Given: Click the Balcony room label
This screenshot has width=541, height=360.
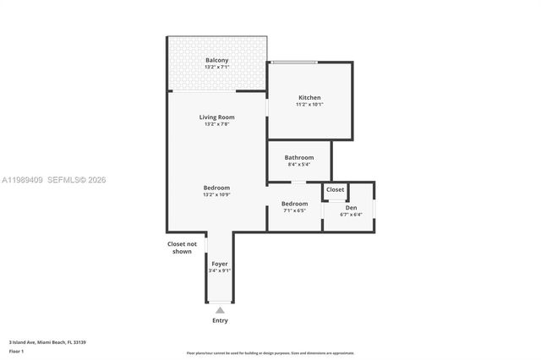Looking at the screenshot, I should [217, 60].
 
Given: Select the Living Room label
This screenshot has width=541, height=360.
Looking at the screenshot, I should [217, 117].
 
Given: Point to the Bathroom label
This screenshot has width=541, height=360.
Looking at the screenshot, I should [299, 157].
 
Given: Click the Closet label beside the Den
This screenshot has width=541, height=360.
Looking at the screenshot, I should [336, 190].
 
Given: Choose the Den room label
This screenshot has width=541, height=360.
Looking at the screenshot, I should [351, 208].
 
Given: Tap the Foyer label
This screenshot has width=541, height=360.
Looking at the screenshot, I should [220, 264].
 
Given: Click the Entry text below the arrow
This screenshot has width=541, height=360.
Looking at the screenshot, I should [220, 321].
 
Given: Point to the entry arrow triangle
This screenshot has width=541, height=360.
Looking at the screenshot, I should [220, 310].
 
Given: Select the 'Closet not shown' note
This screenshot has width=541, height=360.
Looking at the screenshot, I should [179, 248].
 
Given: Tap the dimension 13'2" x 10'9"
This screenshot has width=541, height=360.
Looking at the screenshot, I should [216, 195].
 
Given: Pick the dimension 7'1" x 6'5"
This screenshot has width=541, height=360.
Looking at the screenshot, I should [295, 210].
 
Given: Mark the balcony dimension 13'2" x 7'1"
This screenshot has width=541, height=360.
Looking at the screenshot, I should [217, 68].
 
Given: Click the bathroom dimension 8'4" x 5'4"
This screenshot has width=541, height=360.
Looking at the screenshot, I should [299, 165].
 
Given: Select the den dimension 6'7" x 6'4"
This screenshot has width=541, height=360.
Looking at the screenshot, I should [351, 215].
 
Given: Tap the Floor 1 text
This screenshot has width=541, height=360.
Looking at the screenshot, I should [16, 352].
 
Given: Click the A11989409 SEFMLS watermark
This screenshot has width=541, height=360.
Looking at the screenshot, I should [53, 180].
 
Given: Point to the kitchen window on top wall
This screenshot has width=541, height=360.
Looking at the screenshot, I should [294, 62].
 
